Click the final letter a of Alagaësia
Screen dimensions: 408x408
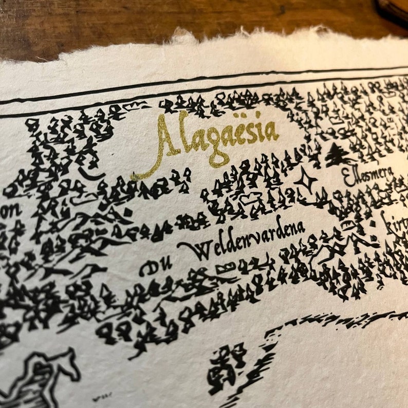click(271, 132)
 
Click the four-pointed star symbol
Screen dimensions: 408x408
click(307, 180)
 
